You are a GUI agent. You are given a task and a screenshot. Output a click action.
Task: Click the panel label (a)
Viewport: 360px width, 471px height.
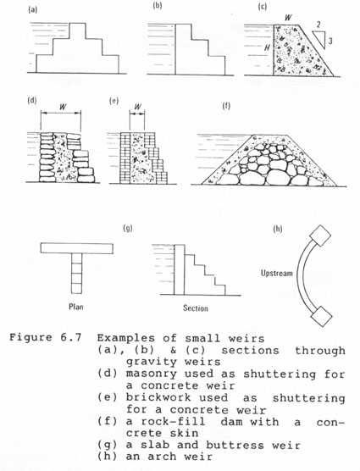point(32,10)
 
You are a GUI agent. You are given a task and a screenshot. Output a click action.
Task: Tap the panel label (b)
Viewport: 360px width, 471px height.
point(158,6)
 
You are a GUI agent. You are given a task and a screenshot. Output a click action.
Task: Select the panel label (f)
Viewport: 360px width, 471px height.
point(226,106)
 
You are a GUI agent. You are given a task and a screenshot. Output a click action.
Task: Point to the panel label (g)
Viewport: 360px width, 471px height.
point(128,228)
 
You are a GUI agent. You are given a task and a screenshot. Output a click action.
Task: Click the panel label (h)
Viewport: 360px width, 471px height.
point(278,229)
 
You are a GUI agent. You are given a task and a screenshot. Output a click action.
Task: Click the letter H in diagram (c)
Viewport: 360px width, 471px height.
point(267,47)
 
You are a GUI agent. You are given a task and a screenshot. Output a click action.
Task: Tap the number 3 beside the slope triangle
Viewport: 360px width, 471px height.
point(330,41)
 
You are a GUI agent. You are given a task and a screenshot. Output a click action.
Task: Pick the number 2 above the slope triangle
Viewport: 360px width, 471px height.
point(318,25)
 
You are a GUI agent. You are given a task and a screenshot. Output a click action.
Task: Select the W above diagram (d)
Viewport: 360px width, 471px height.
point(63,107)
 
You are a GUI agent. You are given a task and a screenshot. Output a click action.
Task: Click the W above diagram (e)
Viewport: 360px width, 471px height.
point(137,107)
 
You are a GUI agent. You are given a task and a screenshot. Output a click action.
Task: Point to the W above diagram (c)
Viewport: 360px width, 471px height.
point(288,18)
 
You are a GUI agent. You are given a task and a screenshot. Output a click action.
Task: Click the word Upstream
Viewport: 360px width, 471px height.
point(276,273)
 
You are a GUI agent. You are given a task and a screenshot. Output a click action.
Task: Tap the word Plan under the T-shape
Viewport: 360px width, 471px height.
point(76,307)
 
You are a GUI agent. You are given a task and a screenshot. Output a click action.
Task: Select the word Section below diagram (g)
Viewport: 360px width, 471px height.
point(196,308)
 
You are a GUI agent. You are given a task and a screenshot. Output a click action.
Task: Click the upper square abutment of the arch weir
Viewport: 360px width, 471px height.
point(320,235)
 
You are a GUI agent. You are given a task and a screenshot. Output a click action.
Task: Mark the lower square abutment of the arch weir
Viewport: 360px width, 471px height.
point(321,316)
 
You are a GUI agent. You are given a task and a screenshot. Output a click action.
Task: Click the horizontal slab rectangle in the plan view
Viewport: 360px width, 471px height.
point(77,248)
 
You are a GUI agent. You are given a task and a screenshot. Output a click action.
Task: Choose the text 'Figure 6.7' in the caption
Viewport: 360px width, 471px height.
point(46,337)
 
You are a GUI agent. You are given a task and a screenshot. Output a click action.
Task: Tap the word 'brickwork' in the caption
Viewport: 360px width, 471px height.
point(158,397)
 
